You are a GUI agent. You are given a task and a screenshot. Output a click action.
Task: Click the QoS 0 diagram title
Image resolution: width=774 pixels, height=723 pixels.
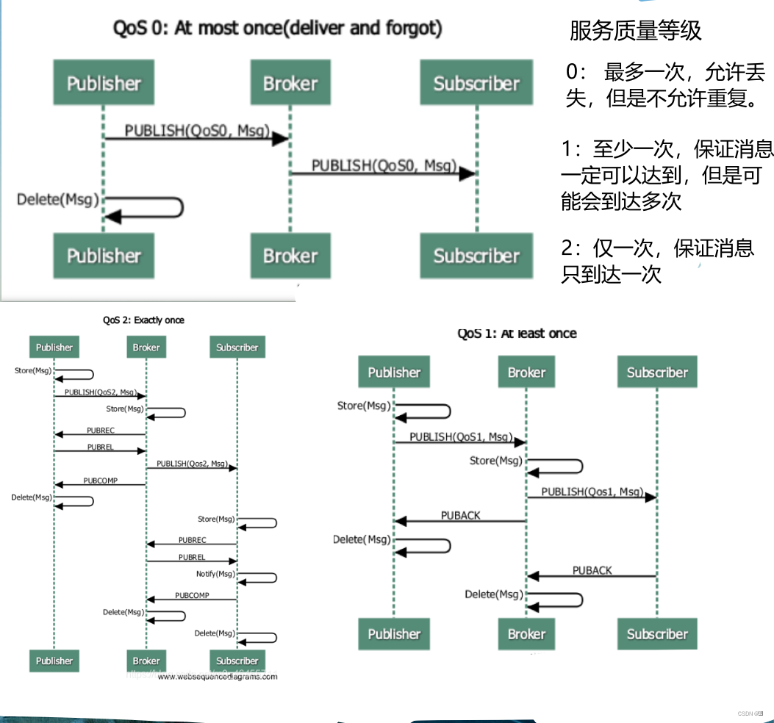pos(277,29)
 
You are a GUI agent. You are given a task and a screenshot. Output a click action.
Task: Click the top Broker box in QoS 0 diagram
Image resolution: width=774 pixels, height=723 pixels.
pos(290,84)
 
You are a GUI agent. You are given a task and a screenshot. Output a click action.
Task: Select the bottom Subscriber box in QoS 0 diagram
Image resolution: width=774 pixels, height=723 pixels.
pos(476,256)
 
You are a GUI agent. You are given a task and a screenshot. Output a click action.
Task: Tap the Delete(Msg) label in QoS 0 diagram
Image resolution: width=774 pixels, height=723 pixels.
pos(57,199)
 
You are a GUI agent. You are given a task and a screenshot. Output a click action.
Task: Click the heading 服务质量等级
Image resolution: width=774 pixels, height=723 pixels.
pos(635,31)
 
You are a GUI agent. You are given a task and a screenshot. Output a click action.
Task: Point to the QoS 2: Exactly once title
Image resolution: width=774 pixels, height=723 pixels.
pos(143,320)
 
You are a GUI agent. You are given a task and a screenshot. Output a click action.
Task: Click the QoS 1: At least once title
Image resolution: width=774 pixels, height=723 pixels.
pos(517,334)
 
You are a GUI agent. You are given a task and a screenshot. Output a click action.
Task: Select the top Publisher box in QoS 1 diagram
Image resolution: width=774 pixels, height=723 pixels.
pos(394,373)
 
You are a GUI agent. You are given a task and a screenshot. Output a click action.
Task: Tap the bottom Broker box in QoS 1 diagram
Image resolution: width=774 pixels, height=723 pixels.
pos(526,634)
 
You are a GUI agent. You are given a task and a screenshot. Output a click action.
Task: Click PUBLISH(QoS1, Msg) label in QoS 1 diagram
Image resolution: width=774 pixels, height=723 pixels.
pos(460,436)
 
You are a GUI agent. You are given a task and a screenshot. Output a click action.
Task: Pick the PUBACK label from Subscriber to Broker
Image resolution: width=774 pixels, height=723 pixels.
pos(592,570)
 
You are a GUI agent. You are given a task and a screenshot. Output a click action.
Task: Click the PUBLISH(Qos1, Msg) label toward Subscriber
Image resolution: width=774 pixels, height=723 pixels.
pos(592,492)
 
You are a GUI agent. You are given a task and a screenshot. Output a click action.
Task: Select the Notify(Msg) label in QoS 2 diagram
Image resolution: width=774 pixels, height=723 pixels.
pos(215,574)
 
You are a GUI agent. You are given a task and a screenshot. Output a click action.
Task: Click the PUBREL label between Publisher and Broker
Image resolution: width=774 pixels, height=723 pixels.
pos(100,446)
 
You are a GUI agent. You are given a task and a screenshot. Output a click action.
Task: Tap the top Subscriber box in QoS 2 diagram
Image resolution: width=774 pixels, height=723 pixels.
pos(237,348)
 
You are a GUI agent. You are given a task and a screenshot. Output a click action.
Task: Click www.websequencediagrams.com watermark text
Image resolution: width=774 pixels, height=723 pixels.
pos(218,677)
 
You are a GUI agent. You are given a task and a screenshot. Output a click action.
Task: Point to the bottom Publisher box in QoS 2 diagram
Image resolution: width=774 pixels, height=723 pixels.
pos(54,661)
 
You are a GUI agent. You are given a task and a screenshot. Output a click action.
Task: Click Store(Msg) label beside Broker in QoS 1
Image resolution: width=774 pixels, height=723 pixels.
pos(495,461)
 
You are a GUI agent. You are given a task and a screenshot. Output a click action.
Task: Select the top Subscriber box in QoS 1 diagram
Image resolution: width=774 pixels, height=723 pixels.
pos(656,373)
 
